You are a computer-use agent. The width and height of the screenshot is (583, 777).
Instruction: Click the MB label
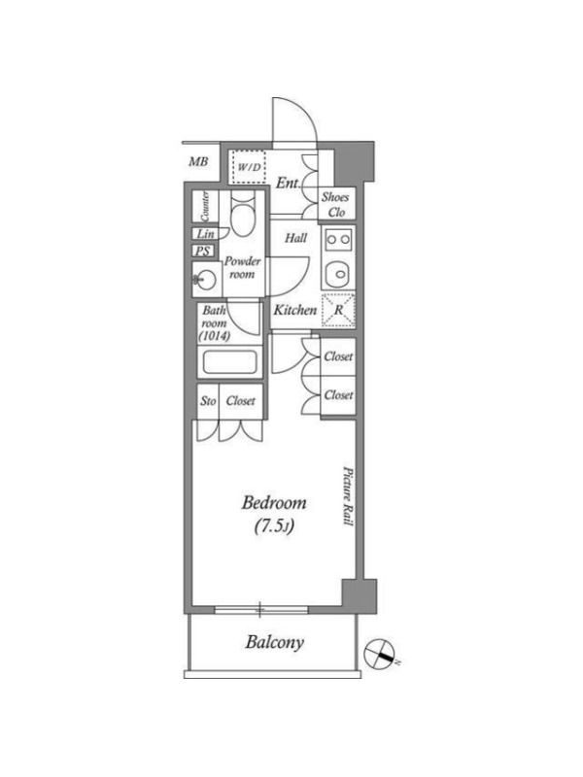tap(198, 161)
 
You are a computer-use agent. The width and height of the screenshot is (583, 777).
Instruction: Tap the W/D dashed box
tap(249, 167)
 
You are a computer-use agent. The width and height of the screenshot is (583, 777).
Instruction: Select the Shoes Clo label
tap(335, 204)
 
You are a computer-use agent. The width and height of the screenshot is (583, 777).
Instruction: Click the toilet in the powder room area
tap(242, 217)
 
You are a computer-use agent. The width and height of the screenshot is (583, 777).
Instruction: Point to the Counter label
tap(205, 206)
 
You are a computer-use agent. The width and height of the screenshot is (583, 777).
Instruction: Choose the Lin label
tap(206, 233)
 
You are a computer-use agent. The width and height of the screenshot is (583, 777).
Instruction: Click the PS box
tap(203, 251)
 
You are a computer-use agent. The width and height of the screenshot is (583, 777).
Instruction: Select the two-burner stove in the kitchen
tap(338, 240)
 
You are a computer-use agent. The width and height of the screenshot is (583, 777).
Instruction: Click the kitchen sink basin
tap(338, 273)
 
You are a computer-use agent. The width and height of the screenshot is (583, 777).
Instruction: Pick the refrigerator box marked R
tap(338, 310)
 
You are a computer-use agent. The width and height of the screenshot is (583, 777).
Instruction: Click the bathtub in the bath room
tap(229, 362)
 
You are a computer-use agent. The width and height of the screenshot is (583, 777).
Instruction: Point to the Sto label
tap(208, 401)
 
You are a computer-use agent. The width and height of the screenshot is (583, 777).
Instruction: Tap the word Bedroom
tap(274, 503)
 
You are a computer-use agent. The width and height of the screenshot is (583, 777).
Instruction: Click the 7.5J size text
tap(275, 526)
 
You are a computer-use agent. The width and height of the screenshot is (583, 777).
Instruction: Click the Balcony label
tap(274, 643)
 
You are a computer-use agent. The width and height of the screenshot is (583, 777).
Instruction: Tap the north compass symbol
tap(379, 654)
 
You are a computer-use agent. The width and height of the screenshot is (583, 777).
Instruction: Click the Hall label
tap(296, 238)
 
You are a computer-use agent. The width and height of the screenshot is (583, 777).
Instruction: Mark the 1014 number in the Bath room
tap(214, 336)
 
